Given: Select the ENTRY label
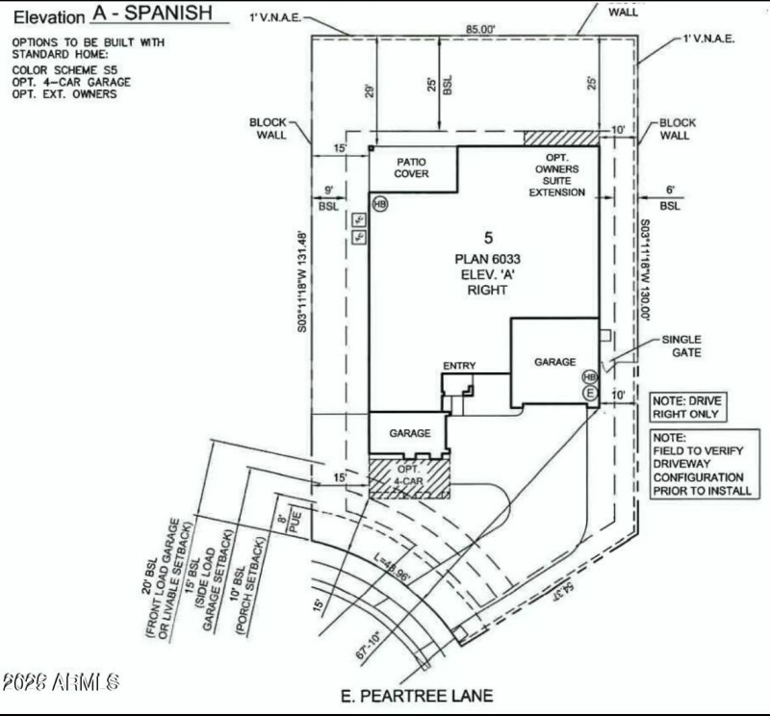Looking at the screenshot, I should tap(459, 366).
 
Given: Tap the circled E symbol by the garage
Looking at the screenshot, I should tap(590, 393).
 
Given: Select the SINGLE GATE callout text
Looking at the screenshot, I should tap(681, 346).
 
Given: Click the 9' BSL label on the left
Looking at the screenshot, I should tap(328, 198).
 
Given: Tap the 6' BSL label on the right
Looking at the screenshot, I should tap(670, 198).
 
